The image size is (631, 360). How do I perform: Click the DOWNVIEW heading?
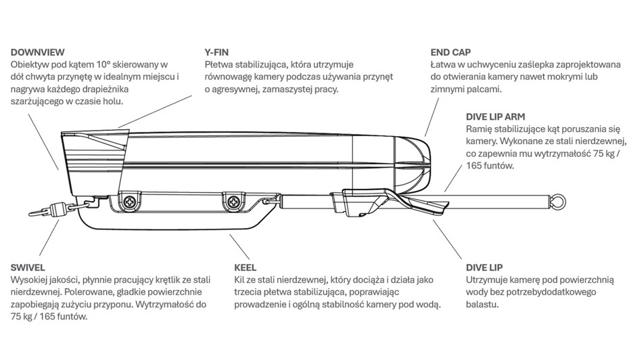39,52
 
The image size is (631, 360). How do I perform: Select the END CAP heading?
450,52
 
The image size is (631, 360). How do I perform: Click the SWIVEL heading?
28,268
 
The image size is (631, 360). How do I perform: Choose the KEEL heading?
245,268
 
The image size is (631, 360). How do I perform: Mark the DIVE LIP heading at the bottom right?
484,268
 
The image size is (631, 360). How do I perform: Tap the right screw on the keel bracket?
234,200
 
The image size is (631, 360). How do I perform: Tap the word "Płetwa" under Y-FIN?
220,64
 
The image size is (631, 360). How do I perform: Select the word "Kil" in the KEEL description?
239,280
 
